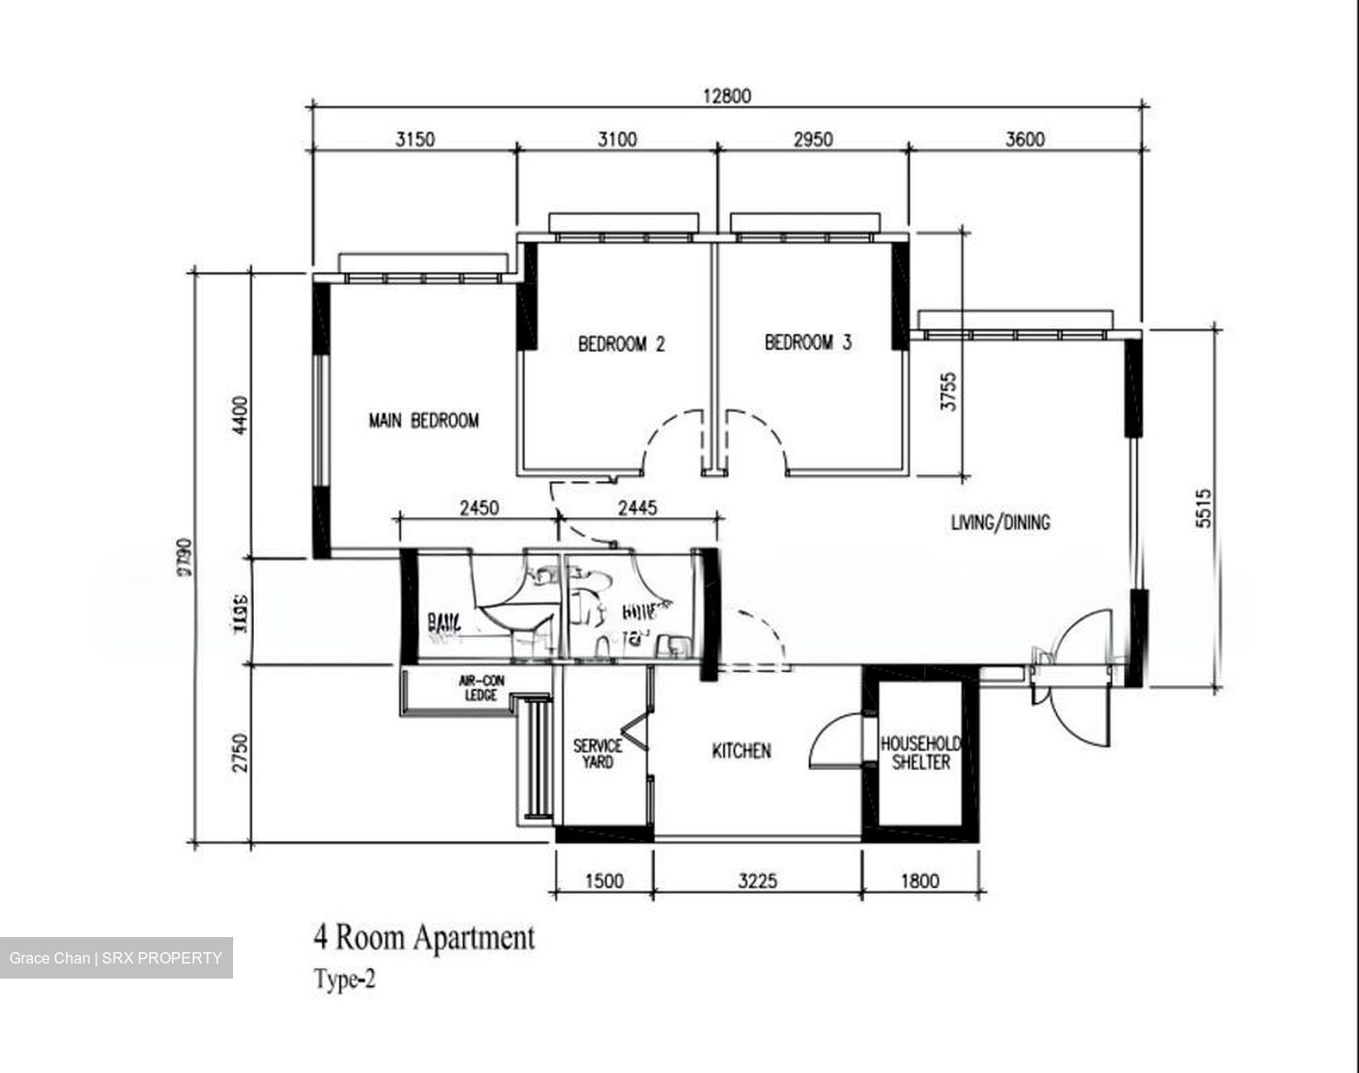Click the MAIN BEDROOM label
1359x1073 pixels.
click(423, 421)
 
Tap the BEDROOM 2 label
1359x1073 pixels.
click(621, 344)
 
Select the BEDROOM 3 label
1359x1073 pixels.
click(808, 343)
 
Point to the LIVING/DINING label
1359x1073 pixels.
click(999, 522)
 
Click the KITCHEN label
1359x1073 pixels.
click(741, 751)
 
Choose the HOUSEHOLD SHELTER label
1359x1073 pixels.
click(920, 753)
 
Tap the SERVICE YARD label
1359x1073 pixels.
click(597, 753)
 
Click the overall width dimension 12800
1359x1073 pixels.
click(727, 95)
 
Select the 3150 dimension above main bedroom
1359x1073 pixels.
click(414, 140)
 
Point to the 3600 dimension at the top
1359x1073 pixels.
click(1025, 140)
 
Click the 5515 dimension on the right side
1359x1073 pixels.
click(1203, 507)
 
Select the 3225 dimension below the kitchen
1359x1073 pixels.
click(757, 880)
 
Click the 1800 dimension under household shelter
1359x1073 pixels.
click(920, 880)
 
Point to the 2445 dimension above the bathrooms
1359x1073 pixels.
click(637, 509)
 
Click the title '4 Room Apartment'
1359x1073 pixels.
click(424, 938)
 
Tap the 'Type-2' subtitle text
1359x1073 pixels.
click(344, 981)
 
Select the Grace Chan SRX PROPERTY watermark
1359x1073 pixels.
click(116, 958)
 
